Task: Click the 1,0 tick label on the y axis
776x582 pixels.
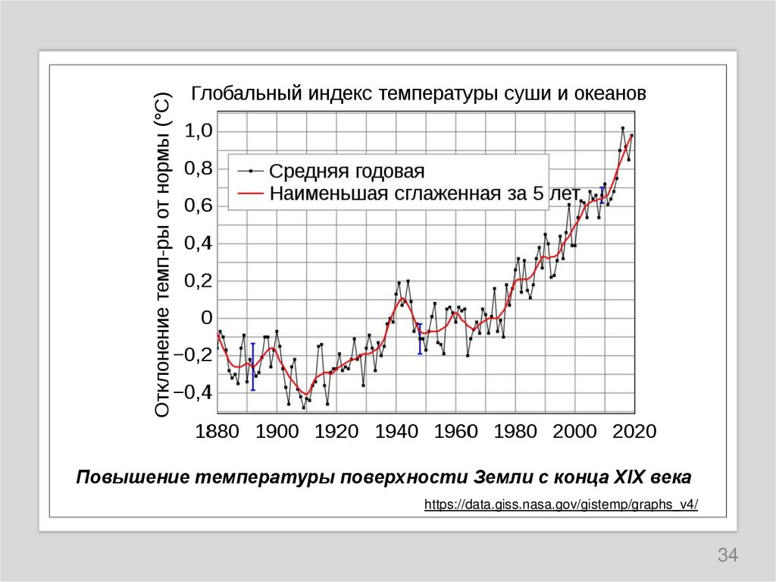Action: pyautogui.click(x=198, y=131)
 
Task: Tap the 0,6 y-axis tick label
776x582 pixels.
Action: pyautogui.click(x=198, y=206)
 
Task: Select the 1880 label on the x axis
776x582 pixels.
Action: pyautogui.click(x=217, y=432)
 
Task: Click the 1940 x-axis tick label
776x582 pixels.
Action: pyautogui.click(x=396, y=432)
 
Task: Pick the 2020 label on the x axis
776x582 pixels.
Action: pyautogui.click(x=634, y=432)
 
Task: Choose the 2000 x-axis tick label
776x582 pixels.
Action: pyautogui.click(x=575, y=432)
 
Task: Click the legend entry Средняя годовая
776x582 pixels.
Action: pyautogui.click(x=347, y=171)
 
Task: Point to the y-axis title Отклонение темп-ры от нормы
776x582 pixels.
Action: pyautogui.click(x=163, y=254)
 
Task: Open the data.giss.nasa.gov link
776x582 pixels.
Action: pyautogui.click(x=561, y=505)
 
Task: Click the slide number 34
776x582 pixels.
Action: pyautogui.click(x=727, y=555)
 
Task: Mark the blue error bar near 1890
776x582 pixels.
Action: pyautogui.click(x=252, y=366)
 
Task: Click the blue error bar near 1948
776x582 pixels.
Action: pyautogui.click(x=420, y=338)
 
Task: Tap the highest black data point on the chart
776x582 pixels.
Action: pyautogui.click(x=622, y=128)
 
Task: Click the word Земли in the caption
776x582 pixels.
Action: pyautogui.click(x=498, y=478)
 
